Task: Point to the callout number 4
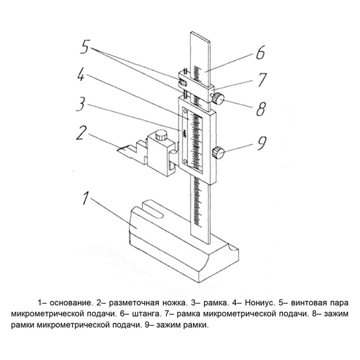point(81,73)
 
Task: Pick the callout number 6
point(261,52)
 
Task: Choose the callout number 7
point(262,80)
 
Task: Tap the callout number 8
point(261,108)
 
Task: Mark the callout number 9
point(262,143)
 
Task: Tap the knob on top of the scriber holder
point(161,135)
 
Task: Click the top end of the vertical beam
point(200,36)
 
